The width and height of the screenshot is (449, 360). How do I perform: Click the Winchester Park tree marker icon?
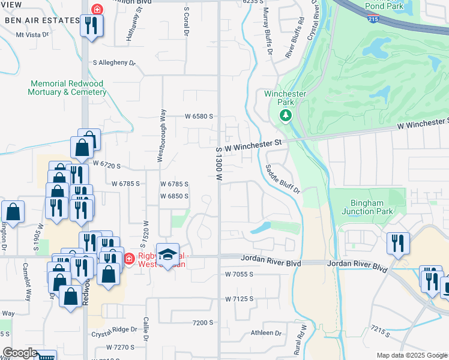pyautogui.click(x=286, y=115)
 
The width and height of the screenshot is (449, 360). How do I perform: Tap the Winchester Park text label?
pyautogui.click(x=285, y=98)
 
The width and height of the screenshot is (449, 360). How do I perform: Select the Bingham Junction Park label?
pyautogui.click(x=367, y=207)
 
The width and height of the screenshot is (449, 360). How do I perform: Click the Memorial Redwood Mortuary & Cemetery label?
pyautogui.click(x=66, y=88)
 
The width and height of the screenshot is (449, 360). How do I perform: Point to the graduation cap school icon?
pyautogui.click(x=168, y=253)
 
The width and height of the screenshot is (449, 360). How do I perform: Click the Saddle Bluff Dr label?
pyautogui.click(x=283, y=178)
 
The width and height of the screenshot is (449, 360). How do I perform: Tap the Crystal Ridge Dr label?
pyautogui.click(x=114, y=335)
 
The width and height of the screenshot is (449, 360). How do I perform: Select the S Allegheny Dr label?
pyautogui.click(x=114, y=62)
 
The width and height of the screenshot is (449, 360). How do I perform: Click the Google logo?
pyautogui.click(x=20, y=353)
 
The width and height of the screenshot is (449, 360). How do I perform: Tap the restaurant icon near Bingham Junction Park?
pyautogui.click(x=398, y=244)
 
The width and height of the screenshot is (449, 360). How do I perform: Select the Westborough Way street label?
pyautogui.click(x=161, y=135)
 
